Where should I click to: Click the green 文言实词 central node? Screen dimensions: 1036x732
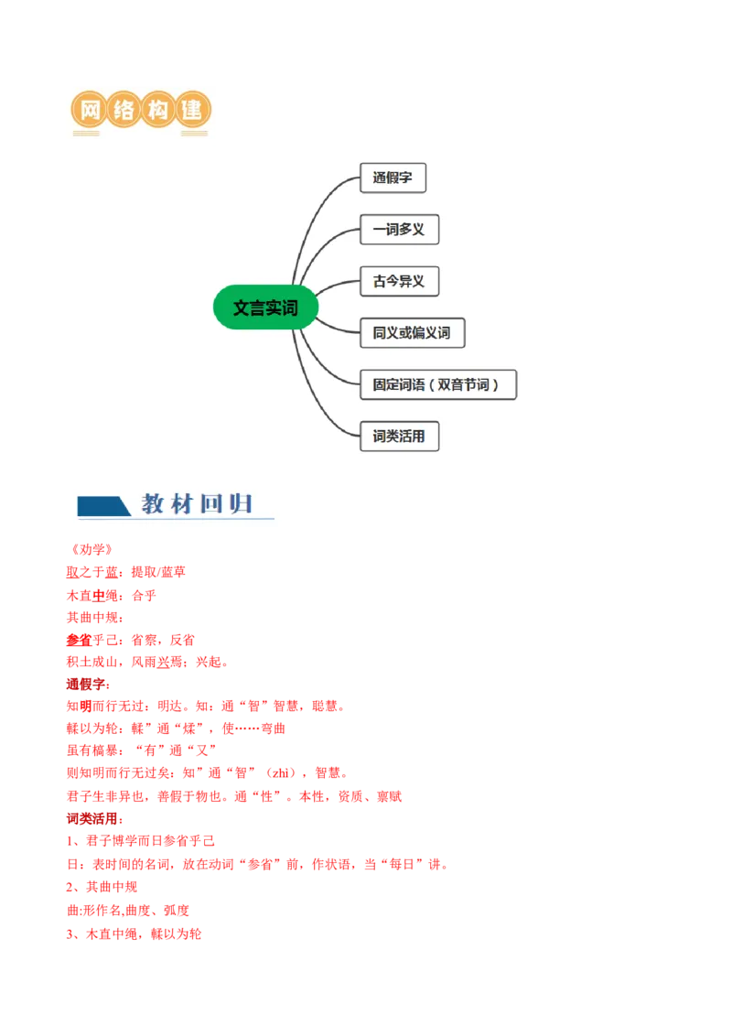coord(265,308)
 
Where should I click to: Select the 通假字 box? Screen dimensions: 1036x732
coord(393,178)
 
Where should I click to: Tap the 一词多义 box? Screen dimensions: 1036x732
coord(399,230)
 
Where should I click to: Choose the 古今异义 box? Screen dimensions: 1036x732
coord(399,281)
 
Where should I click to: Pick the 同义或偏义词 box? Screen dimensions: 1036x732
coord(412,333)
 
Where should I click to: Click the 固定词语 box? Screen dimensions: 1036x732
coord(437,384)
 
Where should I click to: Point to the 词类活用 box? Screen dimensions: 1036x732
coord(399,437)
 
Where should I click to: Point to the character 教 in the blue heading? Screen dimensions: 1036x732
coord(152,503)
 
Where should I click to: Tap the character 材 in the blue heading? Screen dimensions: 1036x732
coord(182,503)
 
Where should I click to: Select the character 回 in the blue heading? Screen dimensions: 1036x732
coord(212,503)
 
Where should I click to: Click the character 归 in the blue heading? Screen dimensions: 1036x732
coord(242,503)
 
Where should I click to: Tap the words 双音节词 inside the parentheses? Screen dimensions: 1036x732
coord(463,385)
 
